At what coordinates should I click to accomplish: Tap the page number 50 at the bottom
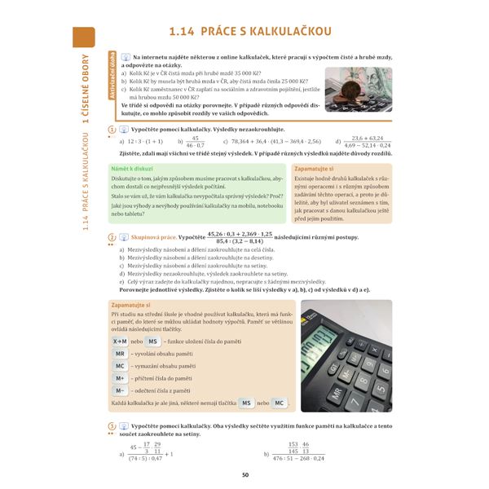(244, 475)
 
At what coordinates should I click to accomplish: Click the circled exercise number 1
(111, 130)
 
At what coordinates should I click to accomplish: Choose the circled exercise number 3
(111, 425)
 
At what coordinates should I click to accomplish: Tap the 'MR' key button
(120, 354)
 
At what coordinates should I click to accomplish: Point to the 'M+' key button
(120, 378)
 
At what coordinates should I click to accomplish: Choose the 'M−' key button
(120, 390)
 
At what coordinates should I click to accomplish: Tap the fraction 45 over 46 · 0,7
(196, 141)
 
